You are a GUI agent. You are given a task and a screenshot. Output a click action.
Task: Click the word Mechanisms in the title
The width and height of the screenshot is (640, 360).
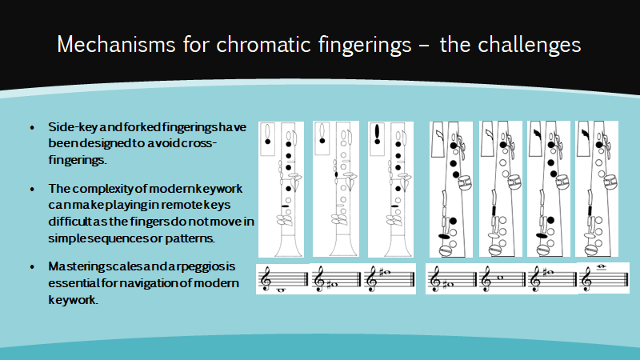pyautogui.click(x=116, y=45)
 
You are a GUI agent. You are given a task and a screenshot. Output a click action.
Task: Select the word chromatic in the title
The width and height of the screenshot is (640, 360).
pyautogui.click(x=264, y=45)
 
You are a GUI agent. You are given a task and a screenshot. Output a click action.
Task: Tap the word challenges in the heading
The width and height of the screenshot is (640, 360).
pyautogui.click(x=529, y=46)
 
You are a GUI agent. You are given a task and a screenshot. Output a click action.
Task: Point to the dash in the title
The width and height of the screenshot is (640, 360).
pyautogui.click(x=425, y=46)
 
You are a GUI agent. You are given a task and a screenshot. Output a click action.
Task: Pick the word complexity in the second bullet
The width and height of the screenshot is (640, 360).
pyautogui.click(x=103, y=189)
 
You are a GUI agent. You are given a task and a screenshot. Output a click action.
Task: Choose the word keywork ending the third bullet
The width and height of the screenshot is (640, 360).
pyautogui.click(x=73, y=299)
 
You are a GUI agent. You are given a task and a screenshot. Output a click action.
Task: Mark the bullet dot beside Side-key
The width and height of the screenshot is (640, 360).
pyautogui.click(x=33, y=128)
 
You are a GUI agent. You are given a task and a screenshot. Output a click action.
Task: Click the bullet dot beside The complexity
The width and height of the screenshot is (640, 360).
pyautogui.click(x=33, y=190)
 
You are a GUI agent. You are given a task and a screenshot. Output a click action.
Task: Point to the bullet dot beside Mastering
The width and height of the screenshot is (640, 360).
pyautogui.click(x=33, y=267)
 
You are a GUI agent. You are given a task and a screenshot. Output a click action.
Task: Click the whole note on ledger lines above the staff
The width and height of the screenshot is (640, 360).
pyautogui.click(x=601, y=267)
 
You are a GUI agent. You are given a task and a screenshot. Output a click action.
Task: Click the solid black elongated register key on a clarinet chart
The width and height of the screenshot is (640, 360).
pyautogui.click(x=377, y=134)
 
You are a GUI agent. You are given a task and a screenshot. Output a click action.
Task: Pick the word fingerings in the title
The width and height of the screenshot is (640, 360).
pyautogui.click(x=365, y=46)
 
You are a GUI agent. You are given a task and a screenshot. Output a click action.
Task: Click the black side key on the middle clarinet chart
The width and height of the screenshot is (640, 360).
pyautogui.click(x=336, y=174)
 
